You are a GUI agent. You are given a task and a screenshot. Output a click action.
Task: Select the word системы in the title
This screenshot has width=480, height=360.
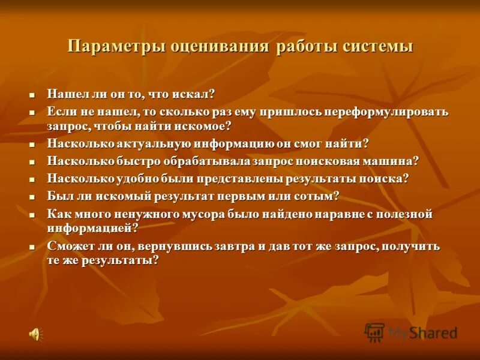[377, 47]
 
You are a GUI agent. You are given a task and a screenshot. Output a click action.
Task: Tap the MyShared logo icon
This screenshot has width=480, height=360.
[375, 332]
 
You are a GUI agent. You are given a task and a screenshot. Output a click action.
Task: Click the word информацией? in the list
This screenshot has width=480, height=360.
[93, 228]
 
